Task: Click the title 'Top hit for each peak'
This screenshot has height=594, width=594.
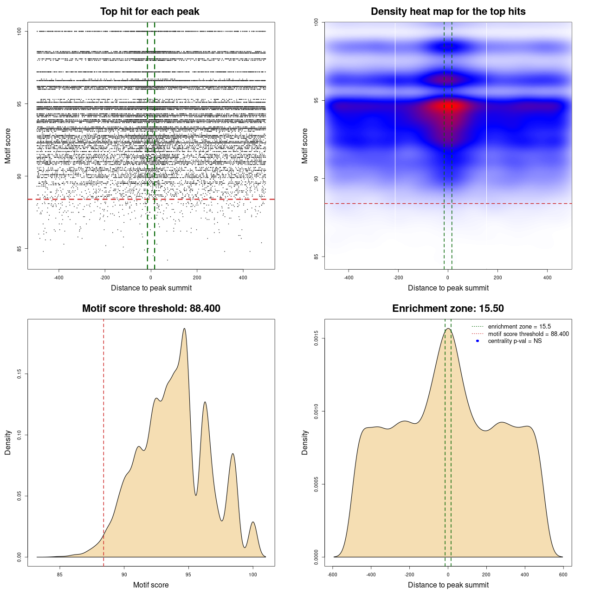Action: pyautogui.click(x=149, y=12)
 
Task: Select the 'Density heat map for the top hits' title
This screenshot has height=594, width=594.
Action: pyautogui.click(x=448, y=12)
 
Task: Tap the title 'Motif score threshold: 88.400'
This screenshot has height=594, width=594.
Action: pyautogui.click(x=151, y=309)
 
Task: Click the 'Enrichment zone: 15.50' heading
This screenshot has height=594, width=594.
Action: pyautogui.click(x=448, y=309)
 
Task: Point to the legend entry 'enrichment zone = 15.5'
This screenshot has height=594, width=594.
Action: pyautogui.click(x=519, y=327)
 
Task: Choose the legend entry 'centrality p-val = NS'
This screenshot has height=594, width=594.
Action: pyautogui.click(x=515, y=341)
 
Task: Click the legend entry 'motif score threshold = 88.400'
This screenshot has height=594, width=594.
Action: pyautogui.click(x=528, y=334)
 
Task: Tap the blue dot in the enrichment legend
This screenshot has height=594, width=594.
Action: pyautogui.click(x=478, y=341)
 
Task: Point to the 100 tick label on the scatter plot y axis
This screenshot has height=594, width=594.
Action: pyautogui.click(x=19, y=31)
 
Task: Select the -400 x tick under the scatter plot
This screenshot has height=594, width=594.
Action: pyautogui.click(x=58, y=278)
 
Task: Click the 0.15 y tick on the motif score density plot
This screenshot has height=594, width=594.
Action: pyautogui.click(x=19, y=374)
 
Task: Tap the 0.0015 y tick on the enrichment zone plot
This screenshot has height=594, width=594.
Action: pyautogui.click(x=316, y=339)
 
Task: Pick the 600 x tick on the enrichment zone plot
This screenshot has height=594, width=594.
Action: pyautogui.click(x=563, y=575)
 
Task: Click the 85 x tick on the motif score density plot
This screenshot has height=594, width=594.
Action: pyautogui.click(x=60, y=575)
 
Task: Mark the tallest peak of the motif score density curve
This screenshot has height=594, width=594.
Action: pyautogui.click(x=184, y=329)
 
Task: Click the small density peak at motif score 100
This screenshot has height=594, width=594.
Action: pyautogui.click(x=253, y=522)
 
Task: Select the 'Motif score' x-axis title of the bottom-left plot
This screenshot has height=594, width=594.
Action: pyautogui.click(x=151, y=585)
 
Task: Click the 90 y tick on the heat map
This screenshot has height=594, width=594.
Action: pyautogui.click(x=316, y=179)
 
